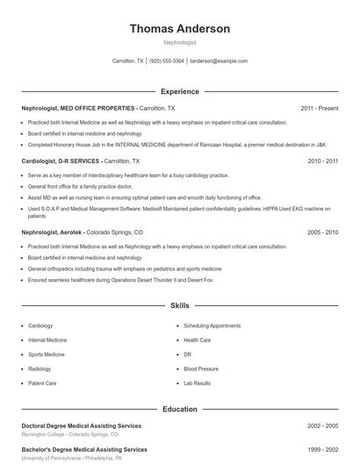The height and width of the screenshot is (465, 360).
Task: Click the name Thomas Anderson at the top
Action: (180, 29)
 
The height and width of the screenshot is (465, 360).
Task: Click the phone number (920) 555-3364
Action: (167, 61)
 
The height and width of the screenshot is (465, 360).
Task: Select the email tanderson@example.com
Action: (219, 61)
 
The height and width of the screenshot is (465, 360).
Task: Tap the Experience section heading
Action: (180, 91)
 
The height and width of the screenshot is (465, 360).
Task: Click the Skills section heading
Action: (180, 306)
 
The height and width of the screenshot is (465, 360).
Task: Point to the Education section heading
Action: (180, 409)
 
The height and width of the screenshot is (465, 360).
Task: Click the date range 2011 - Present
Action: (320, 108)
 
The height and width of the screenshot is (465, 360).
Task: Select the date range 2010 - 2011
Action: (322, 161)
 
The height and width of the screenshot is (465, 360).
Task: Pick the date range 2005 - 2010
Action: (322, 232)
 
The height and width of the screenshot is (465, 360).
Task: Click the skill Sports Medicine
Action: (47, 354)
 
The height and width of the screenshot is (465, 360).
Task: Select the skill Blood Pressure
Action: (201, 368)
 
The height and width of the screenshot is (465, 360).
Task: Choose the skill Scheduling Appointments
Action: (212, 325)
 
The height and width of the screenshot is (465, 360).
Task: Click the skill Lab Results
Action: (197, 383)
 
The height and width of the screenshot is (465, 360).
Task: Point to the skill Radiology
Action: (40, 368)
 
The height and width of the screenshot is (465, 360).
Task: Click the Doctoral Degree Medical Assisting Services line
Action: (81, 426)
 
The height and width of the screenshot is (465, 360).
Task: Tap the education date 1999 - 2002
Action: (322, 449)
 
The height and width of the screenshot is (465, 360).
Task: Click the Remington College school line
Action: (69, 434)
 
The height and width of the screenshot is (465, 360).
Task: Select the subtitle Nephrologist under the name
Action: (180, 42)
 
